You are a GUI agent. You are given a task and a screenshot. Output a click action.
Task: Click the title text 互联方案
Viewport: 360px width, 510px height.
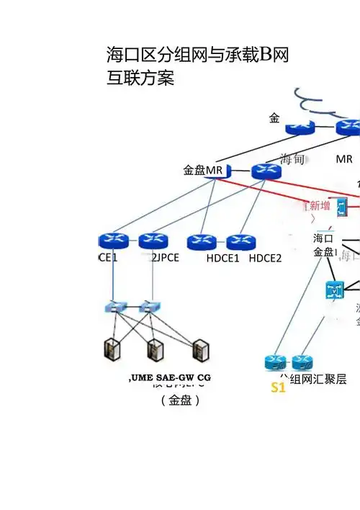pos(140,77)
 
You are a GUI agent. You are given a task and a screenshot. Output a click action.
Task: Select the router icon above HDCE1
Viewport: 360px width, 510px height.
pos(202,242)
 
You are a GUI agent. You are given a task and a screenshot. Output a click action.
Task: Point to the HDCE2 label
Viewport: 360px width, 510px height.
pos(265,259)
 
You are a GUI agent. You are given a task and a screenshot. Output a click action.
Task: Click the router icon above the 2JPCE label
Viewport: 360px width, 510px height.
pos(153,241)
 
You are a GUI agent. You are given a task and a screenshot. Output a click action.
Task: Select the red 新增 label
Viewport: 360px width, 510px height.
pos(320,206)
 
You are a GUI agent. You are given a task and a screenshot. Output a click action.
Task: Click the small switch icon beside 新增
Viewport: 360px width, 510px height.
pos(341,207)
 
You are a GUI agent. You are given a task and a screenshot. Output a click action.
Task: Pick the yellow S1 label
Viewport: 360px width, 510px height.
pos(278,388)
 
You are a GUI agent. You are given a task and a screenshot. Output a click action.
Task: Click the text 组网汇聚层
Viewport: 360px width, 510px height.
pos(318,379)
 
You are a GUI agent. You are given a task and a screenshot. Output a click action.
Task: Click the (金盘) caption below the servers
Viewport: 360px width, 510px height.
pos(180,401)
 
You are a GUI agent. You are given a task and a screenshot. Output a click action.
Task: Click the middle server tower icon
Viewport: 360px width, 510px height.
pos(155,350)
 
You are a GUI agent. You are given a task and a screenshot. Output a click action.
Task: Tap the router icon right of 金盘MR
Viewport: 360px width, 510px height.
pos(266,171)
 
